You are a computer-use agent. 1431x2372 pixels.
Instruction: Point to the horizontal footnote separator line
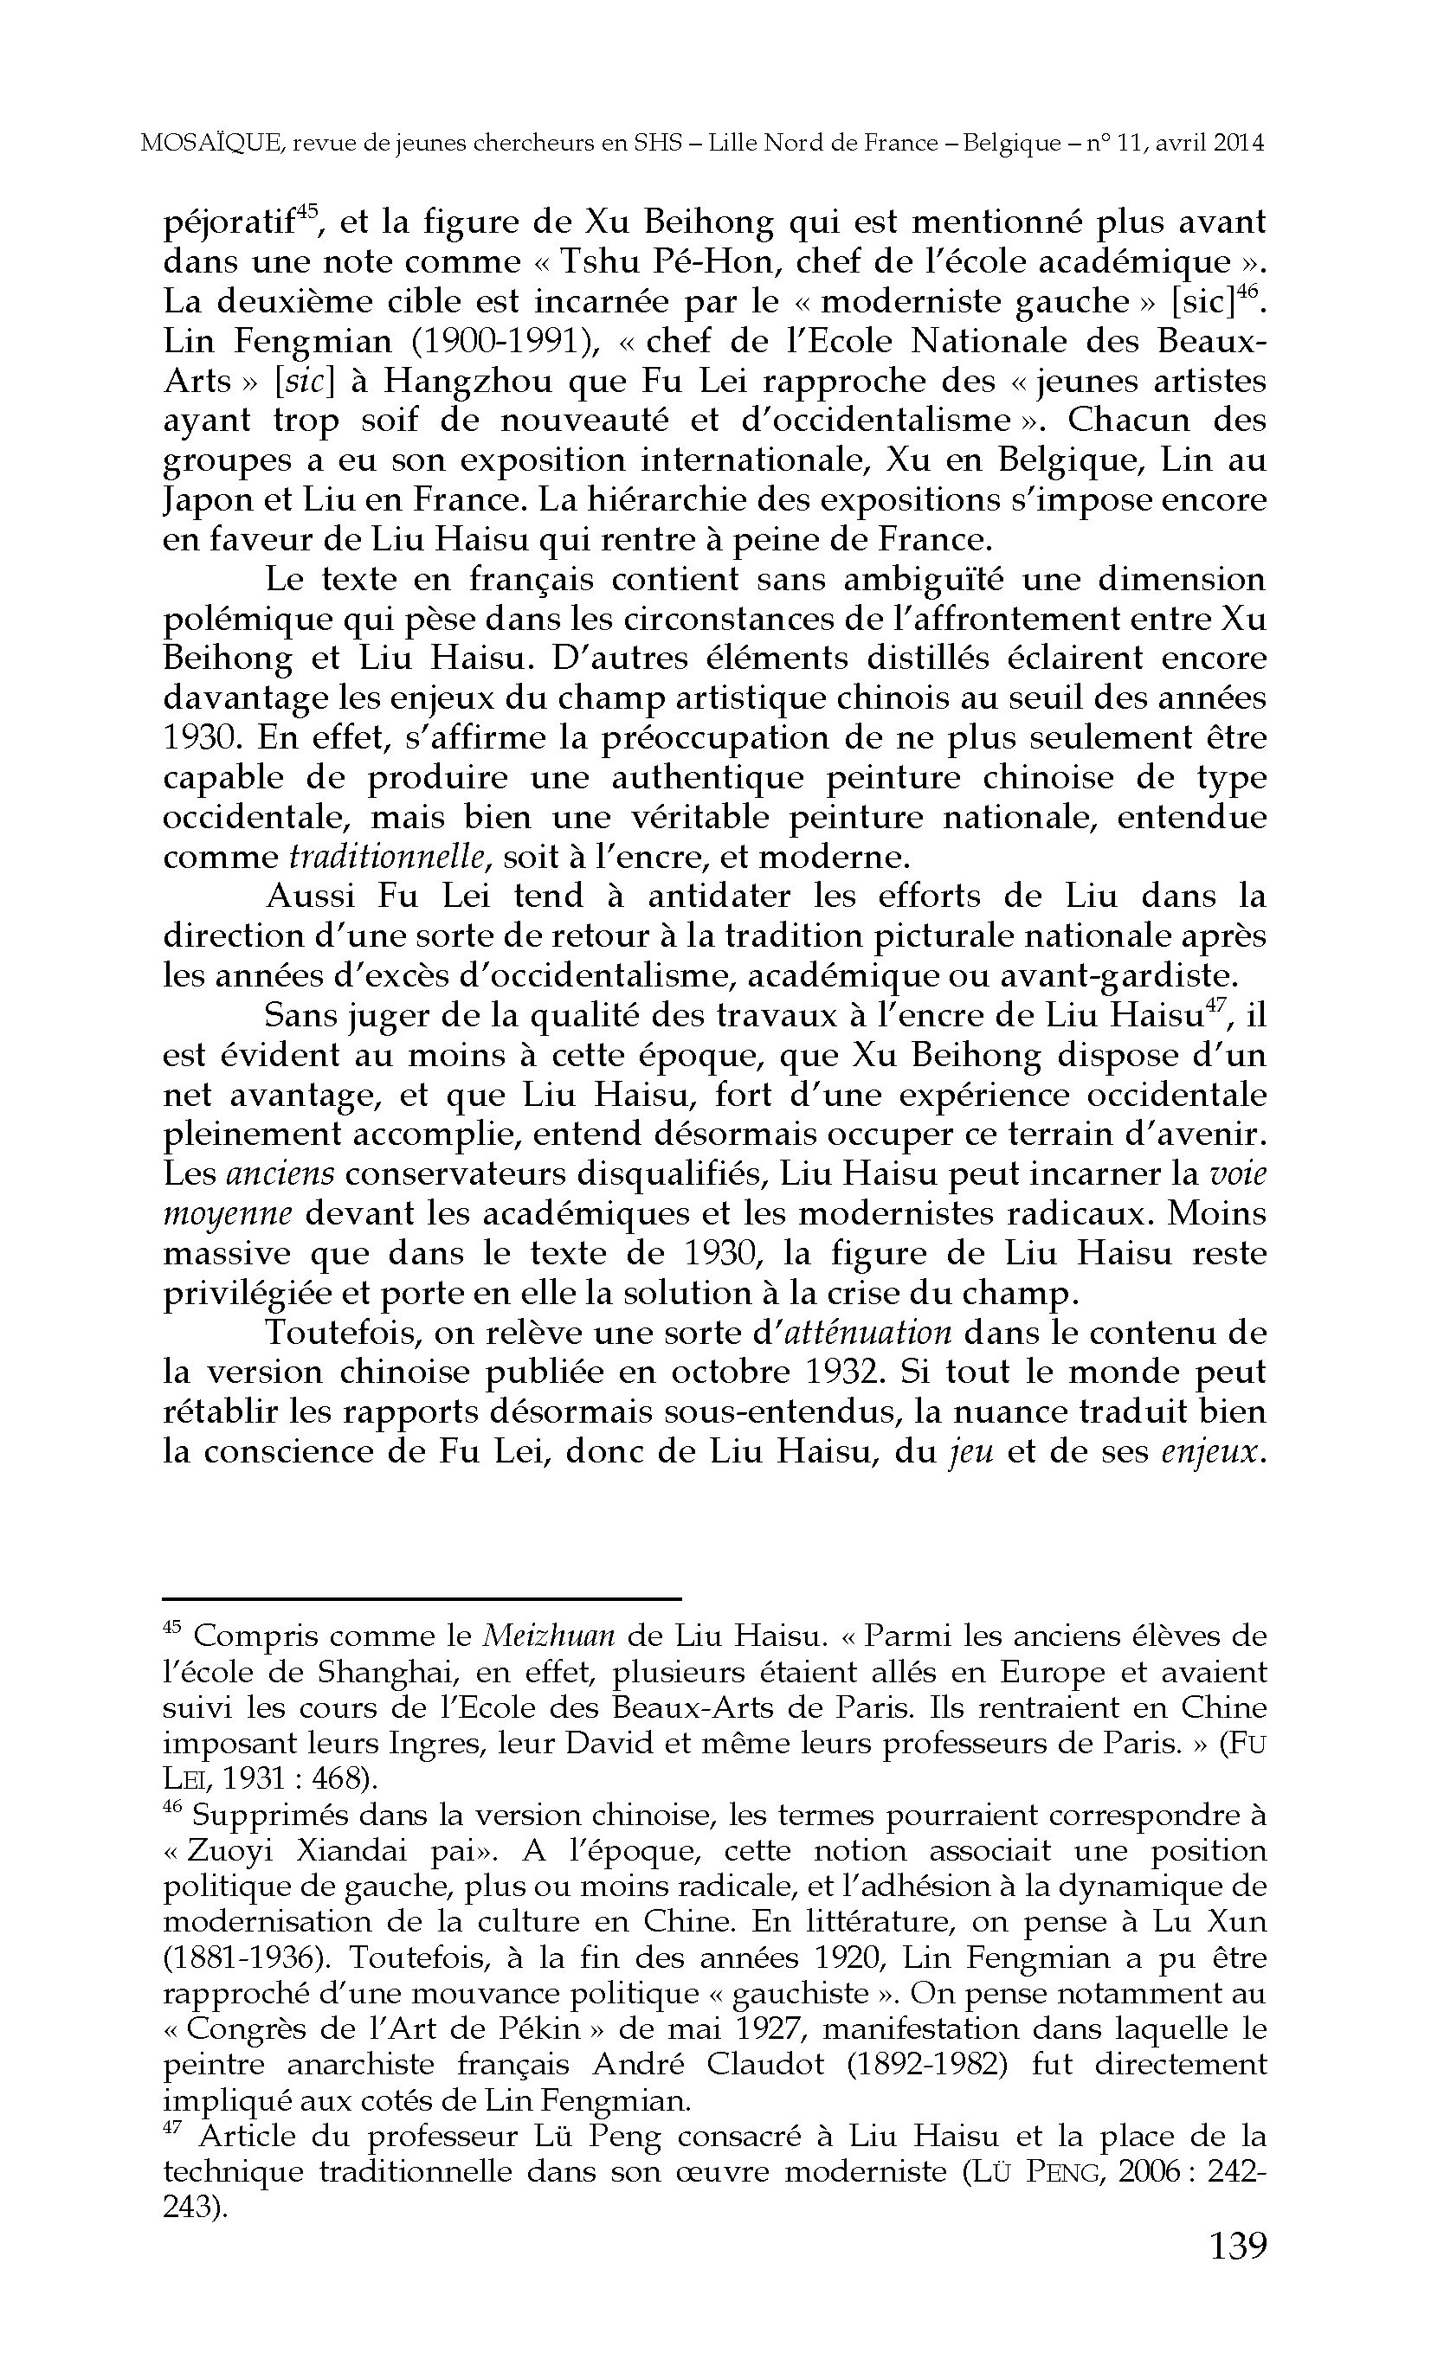point(422,1598)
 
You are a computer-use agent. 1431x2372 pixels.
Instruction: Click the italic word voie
point(1237,1174)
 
